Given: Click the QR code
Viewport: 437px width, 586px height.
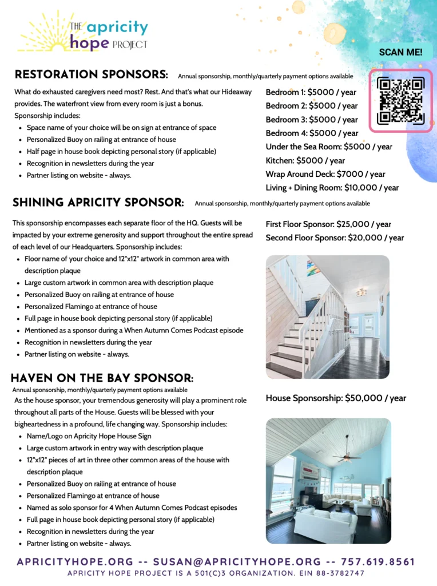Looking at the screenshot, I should (x=400, y=101).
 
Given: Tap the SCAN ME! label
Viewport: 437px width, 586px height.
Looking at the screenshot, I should (x=401, y=52).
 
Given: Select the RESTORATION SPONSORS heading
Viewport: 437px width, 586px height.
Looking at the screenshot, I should (x=91, y=75).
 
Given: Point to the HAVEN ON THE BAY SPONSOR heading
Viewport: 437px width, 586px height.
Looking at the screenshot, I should (x=102, y=378).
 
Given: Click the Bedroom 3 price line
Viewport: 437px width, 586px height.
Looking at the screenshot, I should (x=312, y=120).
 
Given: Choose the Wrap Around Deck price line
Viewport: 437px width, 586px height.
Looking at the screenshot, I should (x=325, y=174).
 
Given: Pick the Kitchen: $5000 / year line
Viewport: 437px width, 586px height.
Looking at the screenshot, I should (x=305, y=160).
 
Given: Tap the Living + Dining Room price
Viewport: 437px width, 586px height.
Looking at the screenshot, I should (x=332, y=188).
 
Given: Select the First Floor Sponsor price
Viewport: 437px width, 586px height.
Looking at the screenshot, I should (x=328, y=224).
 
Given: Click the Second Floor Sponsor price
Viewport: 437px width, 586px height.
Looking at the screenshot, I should (x=335, y=237).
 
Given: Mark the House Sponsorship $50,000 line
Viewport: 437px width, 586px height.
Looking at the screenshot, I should (x=336, y=398).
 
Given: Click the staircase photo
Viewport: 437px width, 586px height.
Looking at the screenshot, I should (x=327, y=316).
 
